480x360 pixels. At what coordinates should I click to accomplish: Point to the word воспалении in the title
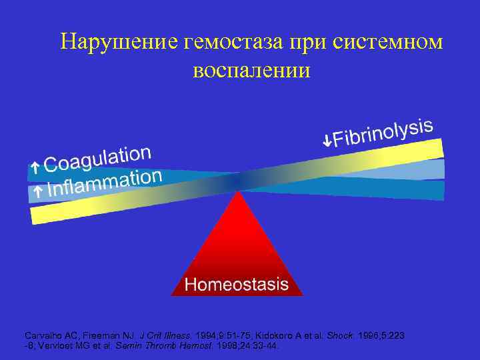[251, 69]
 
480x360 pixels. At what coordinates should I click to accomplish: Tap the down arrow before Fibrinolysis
[326, 141]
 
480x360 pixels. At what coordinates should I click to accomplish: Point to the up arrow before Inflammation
[38, 191]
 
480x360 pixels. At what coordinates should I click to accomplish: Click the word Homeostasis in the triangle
[237, 285]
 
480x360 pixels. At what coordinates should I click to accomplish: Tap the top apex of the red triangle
[237, 193]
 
